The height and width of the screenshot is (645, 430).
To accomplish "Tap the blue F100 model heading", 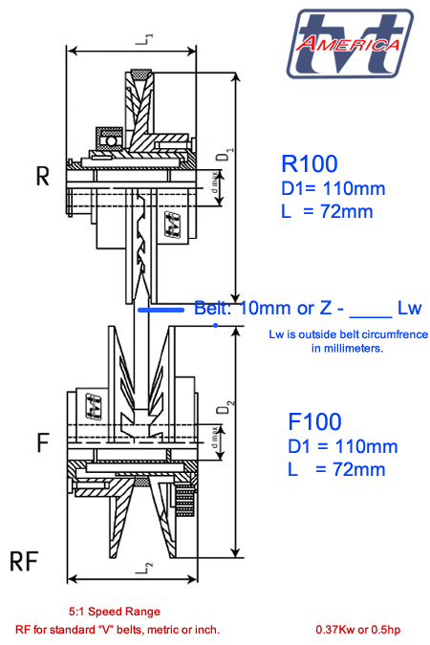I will pos(314,421).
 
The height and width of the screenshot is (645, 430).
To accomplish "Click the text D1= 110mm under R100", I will pos(326,188).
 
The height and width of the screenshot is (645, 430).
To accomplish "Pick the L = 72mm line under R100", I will pos(326,211).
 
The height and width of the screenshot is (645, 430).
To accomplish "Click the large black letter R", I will pos(42,177).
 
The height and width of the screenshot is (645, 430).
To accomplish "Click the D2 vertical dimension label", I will pos(221,410).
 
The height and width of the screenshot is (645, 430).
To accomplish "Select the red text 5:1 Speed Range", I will pos(114,611).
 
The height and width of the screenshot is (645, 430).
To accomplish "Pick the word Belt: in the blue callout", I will pos(215,309).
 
